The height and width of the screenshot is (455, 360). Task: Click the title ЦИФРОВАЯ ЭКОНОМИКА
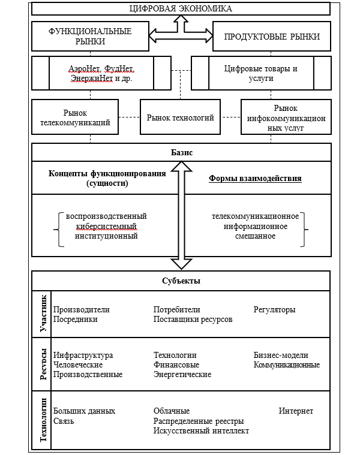[x=180, y=8]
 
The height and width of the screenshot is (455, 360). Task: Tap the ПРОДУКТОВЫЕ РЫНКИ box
[x=271, y=37]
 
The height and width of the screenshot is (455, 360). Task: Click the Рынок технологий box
[x=180, y=117]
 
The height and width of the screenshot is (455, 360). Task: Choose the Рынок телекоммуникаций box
[x=75, y=117]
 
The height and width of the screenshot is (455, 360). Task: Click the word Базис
[x=181, y=153]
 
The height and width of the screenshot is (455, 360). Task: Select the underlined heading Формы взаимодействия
[x=255, y=179]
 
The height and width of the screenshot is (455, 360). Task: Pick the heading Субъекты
[x=181, y=281]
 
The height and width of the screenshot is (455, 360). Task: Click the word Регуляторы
[x=274, y=310]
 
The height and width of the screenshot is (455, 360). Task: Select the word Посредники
[x=75, y=320]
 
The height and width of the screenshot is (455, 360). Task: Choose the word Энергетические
[x=182, y=375]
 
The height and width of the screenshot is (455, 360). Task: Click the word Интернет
[x=295, y=411]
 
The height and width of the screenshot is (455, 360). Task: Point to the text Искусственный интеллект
[x=201, y=430]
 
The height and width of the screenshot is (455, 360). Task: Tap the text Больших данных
[x=84, y=411]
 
